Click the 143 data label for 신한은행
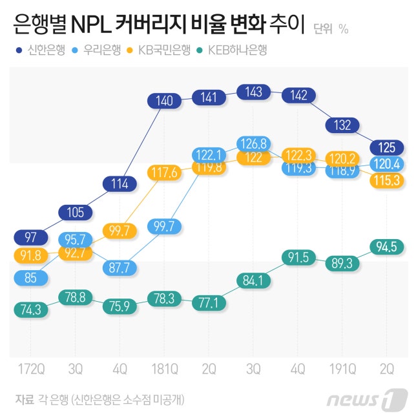pyautogui.click(x=253, y=92)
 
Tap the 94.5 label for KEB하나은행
pyautogui.click(x=387, y=246)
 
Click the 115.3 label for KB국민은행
pyautogui.click(x=387, y=180)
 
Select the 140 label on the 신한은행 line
pyautogui.click(x=165, y=101)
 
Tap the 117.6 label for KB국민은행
pyautogui.click(x=165, y=173)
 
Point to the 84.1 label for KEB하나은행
pyautogui.click(x=253, y=281)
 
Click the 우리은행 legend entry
pyautogui.click(x=97, y=49)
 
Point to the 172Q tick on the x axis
pyautogui.click(x=31, y=369)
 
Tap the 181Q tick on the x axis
pyautogui.click(x=165, y=369)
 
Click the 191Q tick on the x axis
pyautogui.click(x=342, y=369)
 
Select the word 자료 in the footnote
pyautogui.click(x=24, y=399)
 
